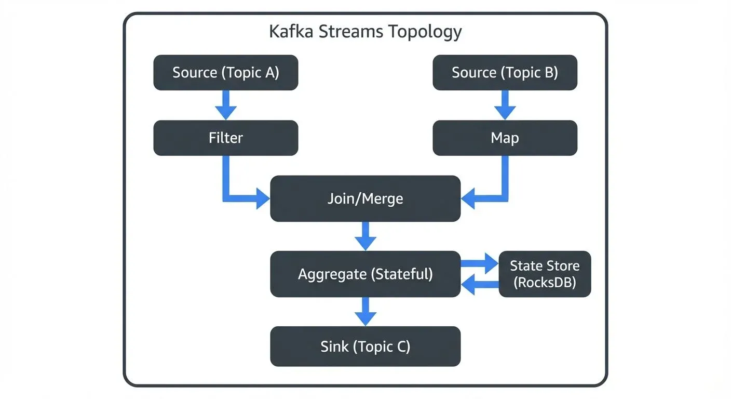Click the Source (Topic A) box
[225, 73]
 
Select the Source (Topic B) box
[505, 73]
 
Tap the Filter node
[225, 138]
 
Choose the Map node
[505, 138]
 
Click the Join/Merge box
[365, 198]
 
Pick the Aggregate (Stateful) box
[365, 274]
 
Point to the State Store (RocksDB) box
[545, 274]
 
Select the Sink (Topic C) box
[365, 347]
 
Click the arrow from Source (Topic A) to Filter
[225, 105]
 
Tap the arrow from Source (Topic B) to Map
[505, 105]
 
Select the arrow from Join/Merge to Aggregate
[365, 236]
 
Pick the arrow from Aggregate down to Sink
[365, 311]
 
